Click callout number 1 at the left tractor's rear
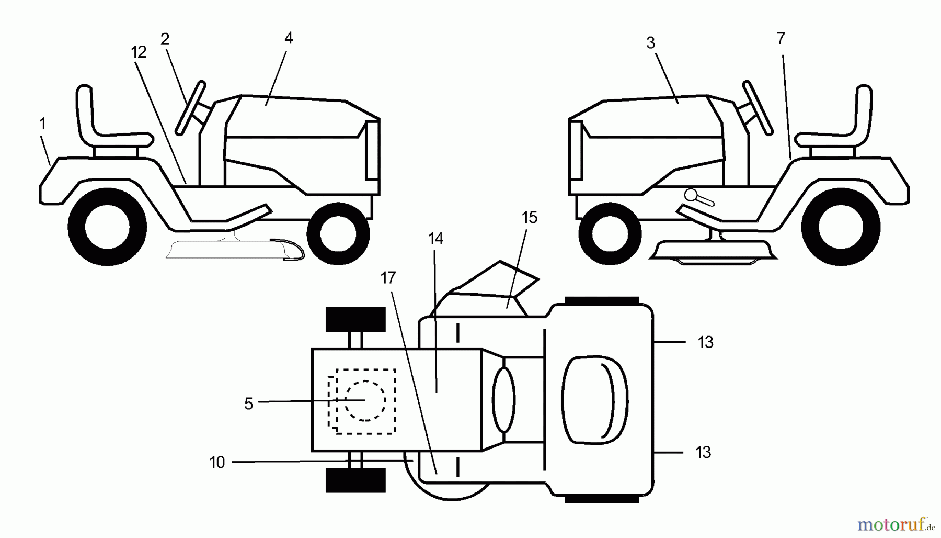pyautogui.click(x=43, y=124)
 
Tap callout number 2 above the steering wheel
pyautogui.click(x=165, y=39)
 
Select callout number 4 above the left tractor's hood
pyautogui.click(x=289, y=38)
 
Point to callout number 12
pyautogui.click(x=139, y=52)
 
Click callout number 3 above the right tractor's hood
pyautogui.click(x=650, y=43)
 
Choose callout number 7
pyautogui.click(x=781, y=38)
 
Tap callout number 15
pyautogui.click(x=530, y=217)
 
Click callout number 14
pyautogui.click(x=435, y=239)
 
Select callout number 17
pyautogui.click(x=388, y=278)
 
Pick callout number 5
pyautogui.click(x=249, y=403)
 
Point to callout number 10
pyautogui.click(x=217, y=462)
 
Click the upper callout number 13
pyautogui.click(x=705, y=342)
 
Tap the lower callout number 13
pyautogui.click(x=703, y=452)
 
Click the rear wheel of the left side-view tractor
pyautogui.click(x=107, y=227)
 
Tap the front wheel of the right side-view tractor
pyautogui.click(x=611, y=232)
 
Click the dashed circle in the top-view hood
pyautogui.click(x=365, y=401)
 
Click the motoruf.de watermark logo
pyautogui.click(x=896, y=524)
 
